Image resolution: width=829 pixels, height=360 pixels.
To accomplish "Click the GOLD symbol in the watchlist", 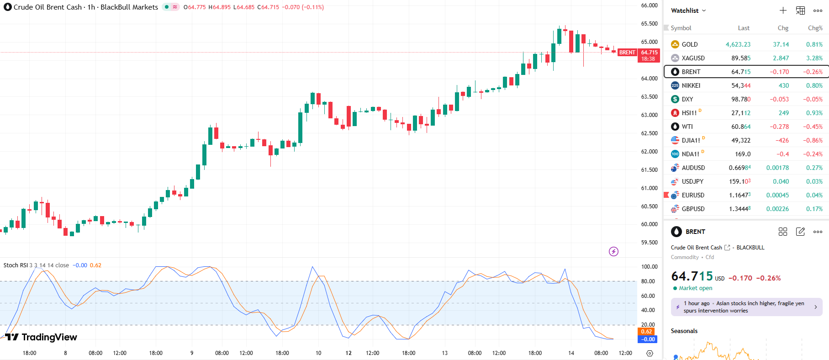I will tap(689, 44).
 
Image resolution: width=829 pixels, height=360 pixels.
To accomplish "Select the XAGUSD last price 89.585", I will tap(740, 58).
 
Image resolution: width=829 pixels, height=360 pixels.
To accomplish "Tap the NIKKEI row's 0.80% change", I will tap(814, 85).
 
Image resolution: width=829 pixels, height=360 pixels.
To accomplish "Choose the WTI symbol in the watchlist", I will tap(687, 127).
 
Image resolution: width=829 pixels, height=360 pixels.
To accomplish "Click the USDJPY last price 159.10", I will tap(739, 181).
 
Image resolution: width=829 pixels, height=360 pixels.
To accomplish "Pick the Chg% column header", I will tap(815, 28).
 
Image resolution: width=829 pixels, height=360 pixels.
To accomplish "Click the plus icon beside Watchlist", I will tap(783, 11).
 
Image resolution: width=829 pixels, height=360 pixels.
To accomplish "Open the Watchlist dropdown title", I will tap(688, 11).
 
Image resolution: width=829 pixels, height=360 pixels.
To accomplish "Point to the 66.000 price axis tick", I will tap(649, 5).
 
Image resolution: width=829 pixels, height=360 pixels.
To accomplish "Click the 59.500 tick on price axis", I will tap(649, 243).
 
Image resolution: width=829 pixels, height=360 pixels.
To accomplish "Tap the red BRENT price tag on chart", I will tap(627, 53).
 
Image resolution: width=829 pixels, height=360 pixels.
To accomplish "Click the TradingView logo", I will tap(41, 337).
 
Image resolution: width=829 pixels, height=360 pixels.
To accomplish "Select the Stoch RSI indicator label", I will tap(16, 265).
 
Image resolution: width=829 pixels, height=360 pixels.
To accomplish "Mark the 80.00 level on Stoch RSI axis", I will tap(648, 281).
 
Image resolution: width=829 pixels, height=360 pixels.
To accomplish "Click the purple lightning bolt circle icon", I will tap(613, 251).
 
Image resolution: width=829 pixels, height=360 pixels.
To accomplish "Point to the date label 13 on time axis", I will tap(444, 353).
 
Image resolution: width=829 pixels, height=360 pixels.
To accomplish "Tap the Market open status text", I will tap(695, 288).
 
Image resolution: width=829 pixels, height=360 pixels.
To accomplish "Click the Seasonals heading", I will tap(684, 331).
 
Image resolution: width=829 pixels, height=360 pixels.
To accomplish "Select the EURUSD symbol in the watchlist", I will tap(692, 195).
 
